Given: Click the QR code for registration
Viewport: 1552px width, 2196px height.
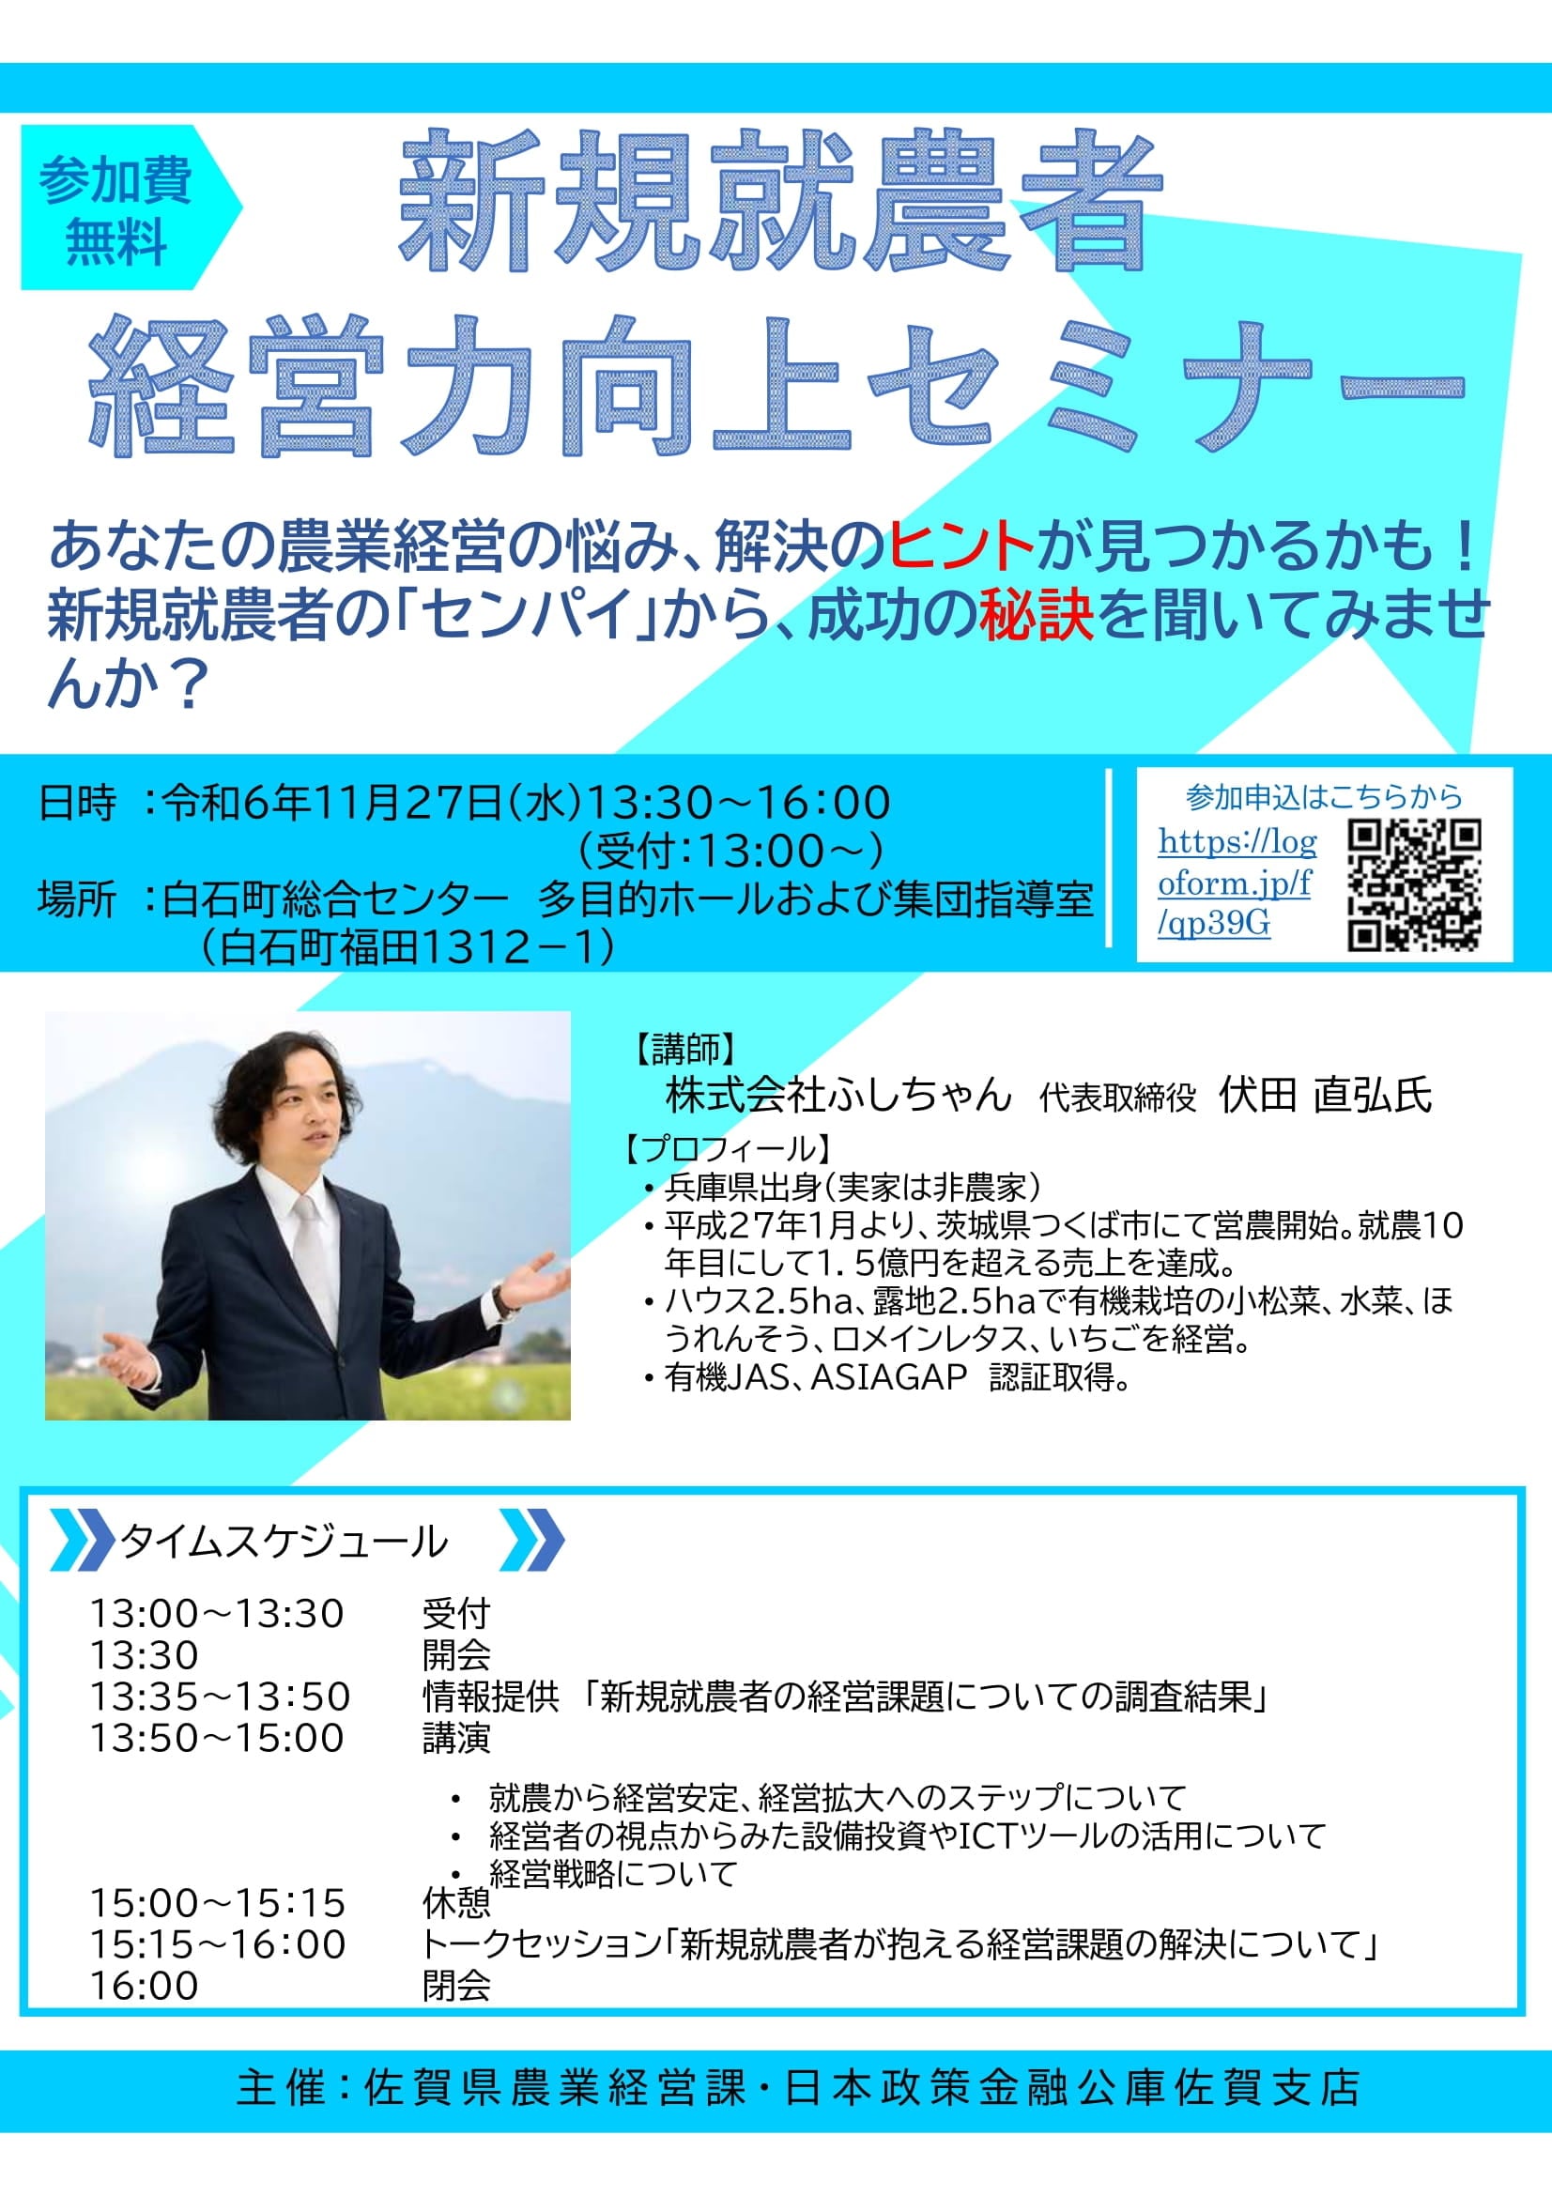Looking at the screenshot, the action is click(1414, 884).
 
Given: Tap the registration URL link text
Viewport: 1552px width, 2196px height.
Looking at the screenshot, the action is click(1237, 883).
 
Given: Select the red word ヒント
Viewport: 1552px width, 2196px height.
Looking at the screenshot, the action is click(961, 547).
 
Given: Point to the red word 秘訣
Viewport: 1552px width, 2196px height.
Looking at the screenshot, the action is click(1037, 615).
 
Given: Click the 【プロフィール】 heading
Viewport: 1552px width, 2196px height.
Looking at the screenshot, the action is click(727, 1148).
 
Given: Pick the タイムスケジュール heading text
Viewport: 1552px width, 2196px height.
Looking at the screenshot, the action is click(284, 1542).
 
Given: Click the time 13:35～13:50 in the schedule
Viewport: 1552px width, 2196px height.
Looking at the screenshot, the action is click(220, 1697).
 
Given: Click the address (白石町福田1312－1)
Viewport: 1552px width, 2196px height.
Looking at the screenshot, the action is click(407, 947).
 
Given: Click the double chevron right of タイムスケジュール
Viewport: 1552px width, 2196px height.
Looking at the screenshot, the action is click(532, 1540).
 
